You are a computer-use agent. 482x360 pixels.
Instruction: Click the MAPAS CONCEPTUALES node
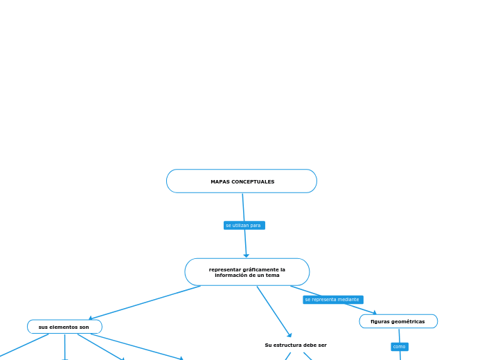coord(242,181)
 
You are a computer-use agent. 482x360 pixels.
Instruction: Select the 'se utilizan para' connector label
coord(244,226)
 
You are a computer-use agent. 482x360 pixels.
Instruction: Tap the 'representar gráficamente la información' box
coord(247,272)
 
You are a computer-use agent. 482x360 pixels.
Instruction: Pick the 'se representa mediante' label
coord(332,300)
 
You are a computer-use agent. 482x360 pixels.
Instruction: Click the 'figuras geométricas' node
coord(398,321)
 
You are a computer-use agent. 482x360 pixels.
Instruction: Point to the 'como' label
coord(400,347)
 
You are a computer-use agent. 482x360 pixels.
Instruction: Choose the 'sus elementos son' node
coord(64,327)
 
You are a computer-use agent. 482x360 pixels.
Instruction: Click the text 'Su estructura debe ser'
coord(296,345)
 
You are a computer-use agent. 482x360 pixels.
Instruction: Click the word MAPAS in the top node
coord(220,182)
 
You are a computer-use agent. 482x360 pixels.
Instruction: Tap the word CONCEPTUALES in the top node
coord(253,182)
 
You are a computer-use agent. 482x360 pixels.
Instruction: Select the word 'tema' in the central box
coord(272,276)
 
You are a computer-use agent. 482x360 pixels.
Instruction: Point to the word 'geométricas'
coord(409,321)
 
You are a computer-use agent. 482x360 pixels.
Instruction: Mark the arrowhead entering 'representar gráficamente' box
coord(246,255)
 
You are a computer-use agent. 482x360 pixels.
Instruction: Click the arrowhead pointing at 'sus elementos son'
coord(91,318)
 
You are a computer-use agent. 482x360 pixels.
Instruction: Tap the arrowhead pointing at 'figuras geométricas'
coord(375,313)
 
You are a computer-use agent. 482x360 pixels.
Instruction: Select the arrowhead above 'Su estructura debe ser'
coord(289,335)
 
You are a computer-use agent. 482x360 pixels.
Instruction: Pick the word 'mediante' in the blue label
coord(348,300)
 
